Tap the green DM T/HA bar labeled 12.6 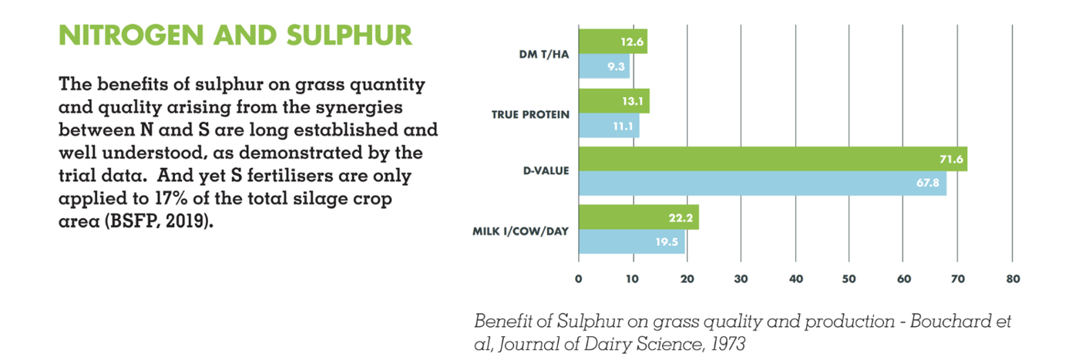click(x=613, y=42)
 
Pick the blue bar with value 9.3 click(x=604, y=67)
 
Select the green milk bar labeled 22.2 click(x=638, y=217)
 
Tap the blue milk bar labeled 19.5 click(x=631, y=241)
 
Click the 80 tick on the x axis click(x=1013, y=279)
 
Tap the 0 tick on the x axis click(x=578, y=279)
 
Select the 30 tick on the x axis click(x=741, y=279)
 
